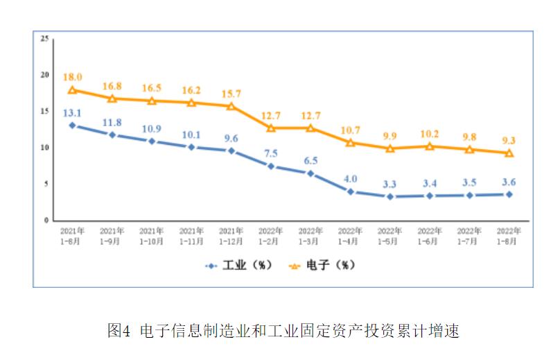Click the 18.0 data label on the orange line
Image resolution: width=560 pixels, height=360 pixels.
click(72, 77)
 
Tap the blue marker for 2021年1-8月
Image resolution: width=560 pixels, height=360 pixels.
click(72, 126)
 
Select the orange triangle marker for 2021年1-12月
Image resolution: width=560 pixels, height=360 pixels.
click(231, 106)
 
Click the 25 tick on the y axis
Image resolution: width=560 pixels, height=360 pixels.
click(44, 39)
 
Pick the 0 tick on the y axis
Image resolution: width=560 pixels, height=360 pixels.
click(46, 221)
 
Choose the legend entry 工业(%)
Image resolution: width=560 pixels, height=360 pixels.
click(239, 265)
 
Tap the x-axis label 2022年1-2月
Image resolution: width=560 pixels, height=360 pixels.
click(270, 235)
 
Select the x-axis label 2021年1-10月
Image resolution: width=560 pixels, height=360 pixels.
click(151, 235)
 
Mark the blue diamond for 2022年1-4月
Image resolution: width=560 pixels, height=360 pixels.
click(350, 191)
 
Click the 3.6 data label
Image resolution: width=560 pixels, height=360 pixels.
click(509, 182)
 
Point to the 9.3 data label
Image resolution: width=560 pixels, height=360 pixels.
click(509, 141)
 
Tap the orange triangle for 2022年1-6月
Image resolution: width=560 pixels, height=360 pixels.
click(430, 146)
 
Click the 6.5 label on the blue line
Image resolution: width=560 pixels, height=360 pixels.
click(310, 160)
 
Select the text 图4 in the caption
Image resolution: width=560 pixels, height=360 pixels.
click(119, 331)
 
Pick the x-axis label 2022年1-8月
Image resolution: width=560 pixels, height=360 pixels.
click(509, 235)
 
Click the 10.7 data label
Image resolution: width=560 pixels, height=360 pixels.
click(350, 130)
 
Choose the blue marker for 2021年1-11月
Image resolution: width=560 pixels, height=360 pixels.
click(191, 147)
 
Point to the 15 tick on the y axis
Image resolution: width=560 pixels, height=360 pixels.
click(44, 112)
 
